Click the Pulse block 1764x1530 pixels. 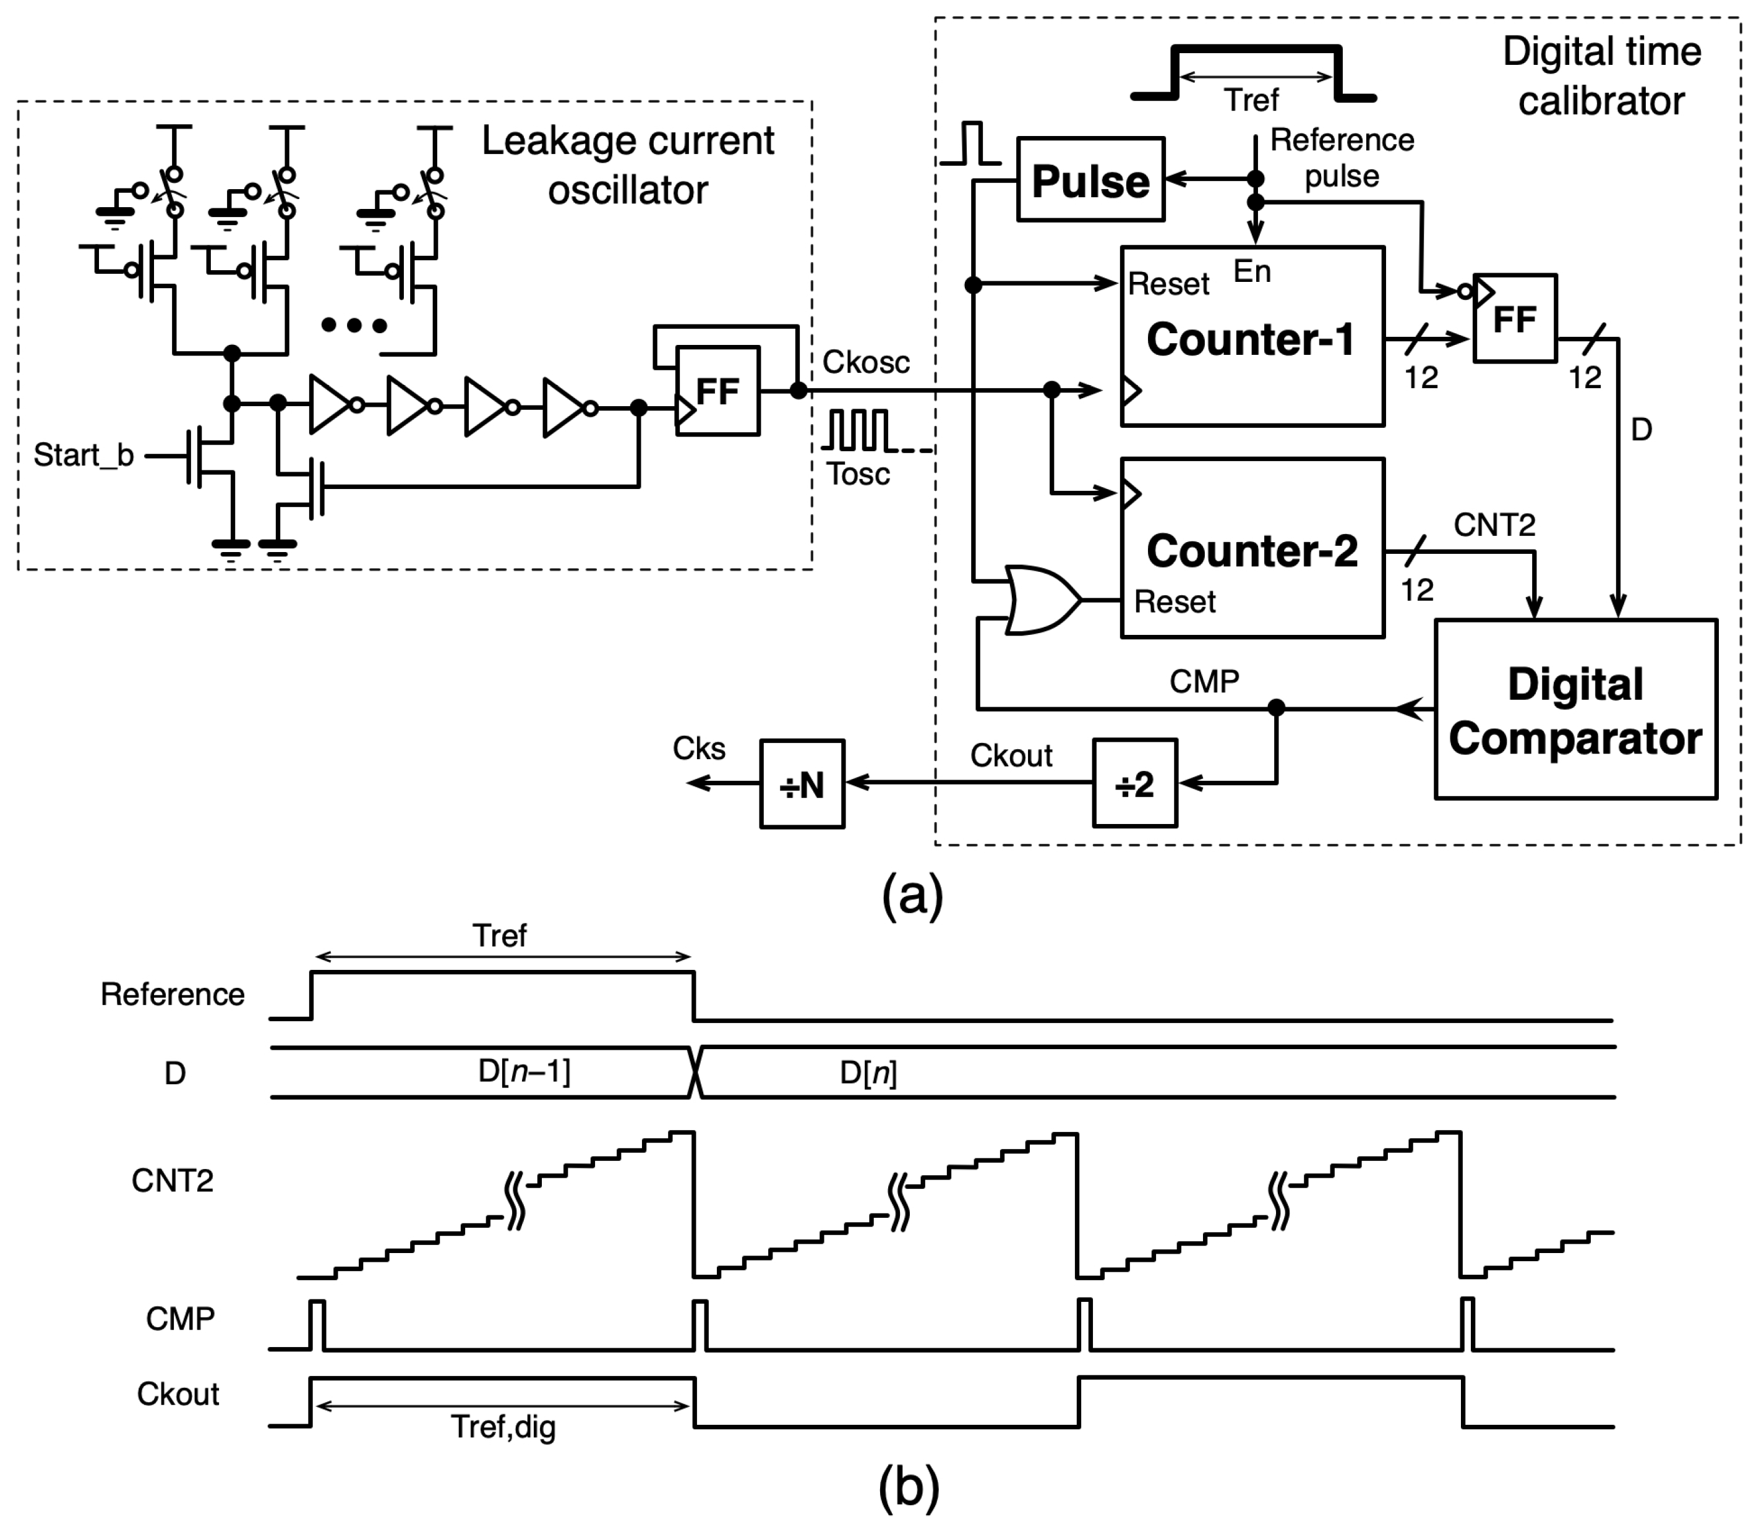click(1090, 179)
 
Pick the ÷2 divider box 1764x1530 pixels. click(1134, 783)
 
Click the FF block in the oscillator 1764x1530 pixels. click(717, 391)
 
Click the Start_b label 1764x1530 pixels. click(83, 455)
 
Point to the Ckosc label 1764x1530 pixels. click(865, 362)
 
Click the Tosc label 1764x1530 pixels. click(858, 474)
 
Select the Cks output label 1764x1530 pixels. click(699, 748)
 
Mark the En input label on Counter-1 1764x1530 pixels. click(1251, 271)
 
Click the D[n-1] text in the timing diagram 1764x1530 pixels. click(524, 1071)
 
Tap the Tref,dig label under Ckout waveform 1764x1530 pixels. click(503, 1426)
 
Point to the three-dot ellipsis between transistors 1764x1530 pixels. click(354, 325)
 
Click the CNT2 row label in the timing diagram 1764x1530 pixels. click(172, 1180)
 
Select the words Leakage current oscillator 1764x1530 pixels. click(628, 165)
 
